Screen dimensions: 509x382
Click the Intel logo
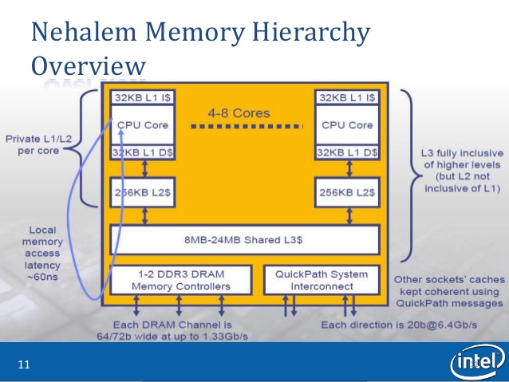[x=478, y=361]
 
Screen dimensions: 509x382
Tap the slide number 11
[x=24, y=364]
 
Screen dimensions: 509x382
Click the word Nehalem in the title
[x=84, y=32]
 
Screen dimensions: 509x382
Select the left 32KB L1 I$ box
[x=143, y=97]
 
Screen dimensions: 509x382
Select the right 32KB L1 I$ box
[x=347, y=97]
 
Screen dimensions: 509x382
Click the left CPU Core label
[x=143, y=125]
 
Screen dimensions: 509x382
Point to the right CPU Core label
[x=347, y=125]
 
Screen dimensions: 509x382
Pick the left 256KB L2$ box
[x=143, y=192]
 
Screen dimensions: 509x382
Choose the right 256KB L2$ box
[x=347, y=192]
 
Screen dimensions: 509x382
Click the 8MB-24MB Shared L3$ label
[x=243, y=240]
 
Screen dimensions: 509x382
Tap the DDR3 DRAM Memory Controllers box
[x=181, y=280]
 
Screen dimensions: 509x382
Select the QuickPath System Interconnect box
[x=322, y=280]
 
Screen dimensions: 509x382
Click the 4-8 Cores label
[x=239, y=113]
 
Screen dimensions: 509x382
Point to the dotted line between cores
[x=247, y=126]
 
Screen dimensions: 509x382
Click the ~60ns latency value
[x=42, y=277]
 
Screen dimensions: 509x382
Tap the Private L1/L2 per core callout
[x=38, y=145]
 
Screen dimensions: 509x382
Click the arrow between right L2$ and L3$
[x=349, y=216]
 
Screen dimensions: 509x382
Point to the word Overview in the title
[x=89, y=65]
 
